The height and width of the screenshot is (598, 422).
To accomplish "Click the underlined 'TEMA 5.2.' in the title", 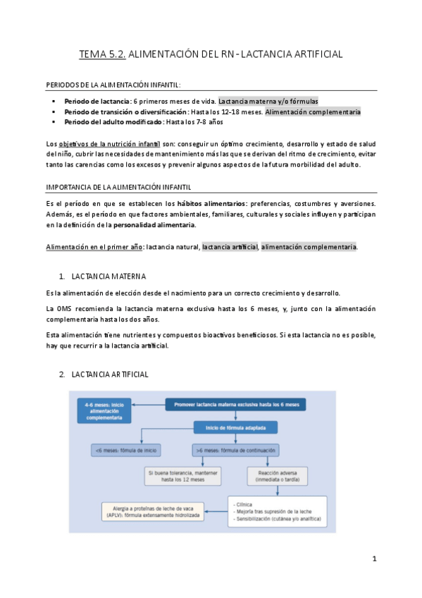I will pos(104,54).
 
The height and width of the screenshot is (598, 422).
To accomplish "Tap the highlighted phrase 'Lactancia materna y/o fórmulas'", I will pos(268,101).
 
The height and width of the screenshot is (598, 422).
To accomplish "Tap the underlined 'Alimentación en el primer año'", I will pos(91,247).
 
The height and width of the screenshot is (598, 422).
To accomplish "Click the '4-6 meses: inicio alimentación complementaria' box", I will pos(107,411).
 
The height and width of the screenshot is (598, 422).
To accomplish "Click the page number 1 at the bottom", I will pos(375,559).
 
